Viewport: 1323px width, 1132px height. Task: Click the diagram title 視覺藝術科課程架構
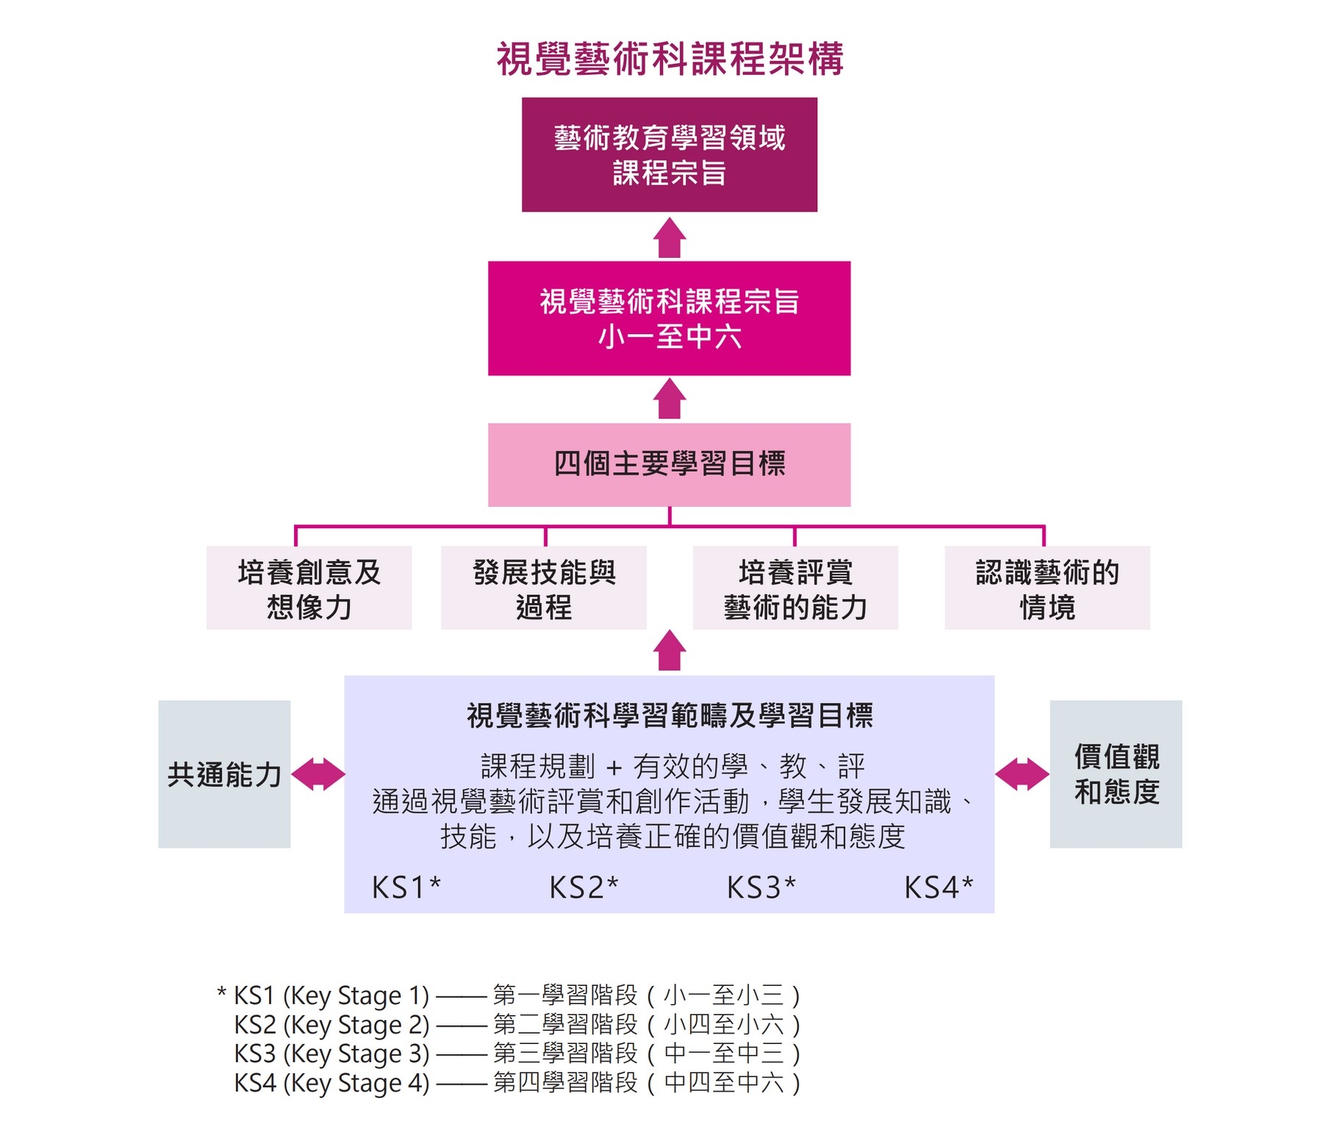(x=670, y=59)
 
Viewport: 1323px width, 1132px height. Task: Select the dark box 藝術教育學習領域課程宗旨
(x=670, y=155)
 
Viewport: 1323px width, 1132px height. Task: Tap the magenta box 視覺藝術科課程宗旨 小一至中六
(x=670, y=319)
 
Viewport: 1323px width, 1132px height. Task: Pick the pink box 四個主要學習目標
(x=670, y=464)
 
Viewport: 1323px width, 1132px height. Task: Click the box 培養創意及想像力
(x=309, y=588)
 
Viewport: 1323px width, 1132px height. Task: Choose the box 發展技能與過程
(x=544, y=588)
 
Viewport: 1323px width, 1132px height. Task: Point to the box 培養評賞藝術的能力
(x=795, y=588)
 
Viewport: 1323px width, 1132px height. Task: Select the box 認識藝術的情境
(x=1047, y=588)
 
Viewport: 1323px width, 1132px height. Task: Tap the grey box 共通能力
(x=224, y=774)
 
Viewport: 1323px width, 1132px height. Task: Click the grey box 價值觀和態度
(x=1116, y=774)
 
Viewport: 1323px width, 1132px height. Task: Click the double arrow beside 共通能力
(x=318, y=774)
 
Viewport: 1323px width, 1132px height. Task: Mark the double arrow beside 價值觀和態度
(x=1022, y=774)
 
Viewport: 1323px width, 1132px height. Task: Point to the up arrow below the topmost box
(x=670, y=238)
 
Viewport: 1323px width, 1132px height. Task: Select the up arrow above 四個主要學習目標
(x=670, y=400)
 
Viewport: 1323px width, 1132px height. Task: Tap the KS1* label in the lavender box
(x=406, y=887)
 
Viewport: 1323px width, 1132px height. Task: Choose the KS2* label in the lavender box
(x=584, y=887)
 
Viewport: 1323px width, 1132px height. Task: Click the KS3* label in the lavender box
(x=761, y=887)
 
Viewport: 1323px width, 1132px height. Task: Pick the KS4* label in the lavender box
(x=939, y=887)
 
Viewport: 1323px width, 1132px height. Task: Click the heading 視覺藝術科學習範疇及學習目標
(x=670, y=715)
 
